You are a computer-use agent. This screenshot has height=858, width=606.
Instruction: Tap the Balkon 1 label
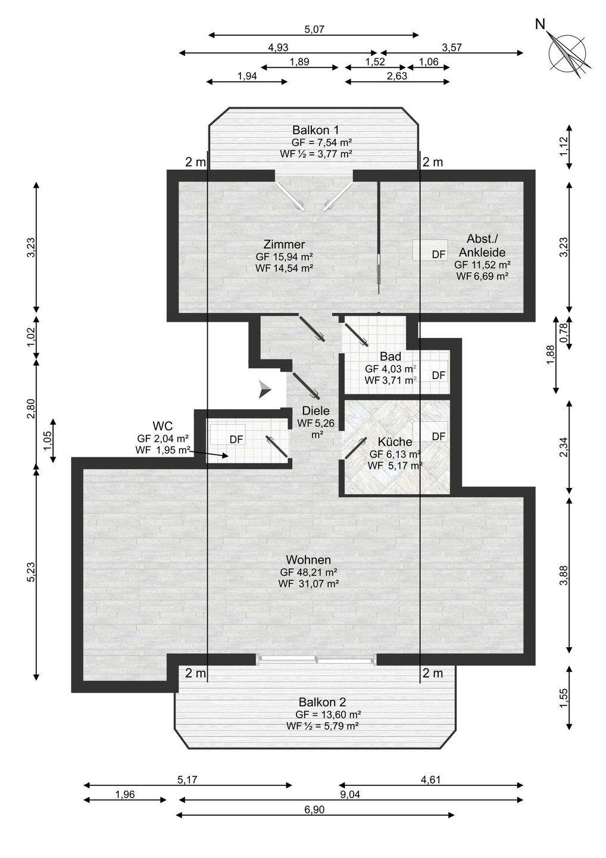(x=316, y=129)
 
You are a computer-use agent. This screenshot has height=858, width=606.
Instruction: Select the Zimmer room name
(x=284, y=244)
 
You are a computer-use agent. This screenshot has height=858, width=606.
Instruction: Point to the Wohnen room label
(x=308, y=559)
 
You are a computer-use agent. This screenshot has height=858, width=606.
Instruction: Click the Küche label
(x=395, y=442)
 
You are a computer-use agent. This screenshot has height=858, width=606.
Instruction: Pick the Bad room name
(x=391, y=356)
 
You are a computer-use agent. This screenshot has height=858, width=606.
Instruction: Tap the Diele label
(x=316, y=411)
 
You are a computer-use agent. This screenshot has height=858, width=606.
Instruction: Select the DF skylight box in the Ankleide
(x=430, y=250)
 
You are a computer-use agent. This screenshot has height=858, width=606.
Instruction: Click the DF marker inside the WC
(x=236, y=439)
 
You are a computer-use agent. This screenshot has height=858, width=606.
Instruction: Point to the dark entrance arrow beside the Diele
(x=265, y=389)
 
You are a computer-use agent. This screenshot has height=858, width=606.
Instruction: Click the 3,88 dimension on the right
(x=563, y=576)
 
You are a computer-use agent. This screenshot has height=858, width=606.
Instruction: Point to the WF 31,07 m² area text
(x=309, y=584)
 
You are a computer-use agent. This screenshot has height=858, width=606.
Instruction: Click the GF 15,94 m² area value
(x=285, y=256)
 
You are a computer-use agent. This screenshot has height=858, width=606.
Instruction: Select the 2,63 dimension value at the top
(x=397, y=76)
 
